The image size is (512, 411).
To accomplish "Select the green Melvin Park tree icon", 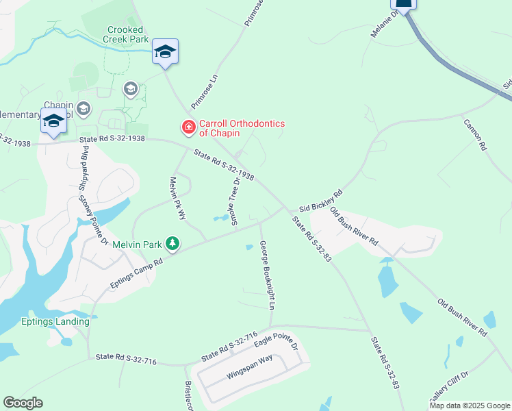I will pos(174,243).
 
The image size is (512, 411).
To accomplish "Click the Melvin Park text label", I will pos(141,244).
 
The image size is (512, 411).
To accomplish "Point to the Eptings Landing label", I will pos(55,321).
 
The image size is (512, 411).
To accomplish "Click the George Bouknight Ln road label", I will pos(267,273).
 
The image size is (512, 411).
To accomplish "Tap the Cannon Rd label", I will pos(475,134).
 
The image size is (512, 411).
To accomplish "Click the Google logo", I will pos(23,403).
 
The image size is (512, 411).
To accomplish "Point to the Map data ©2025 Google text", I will pos(470,406).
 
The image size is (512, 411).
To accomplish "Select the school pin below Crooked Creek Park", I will pos(165,53).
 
